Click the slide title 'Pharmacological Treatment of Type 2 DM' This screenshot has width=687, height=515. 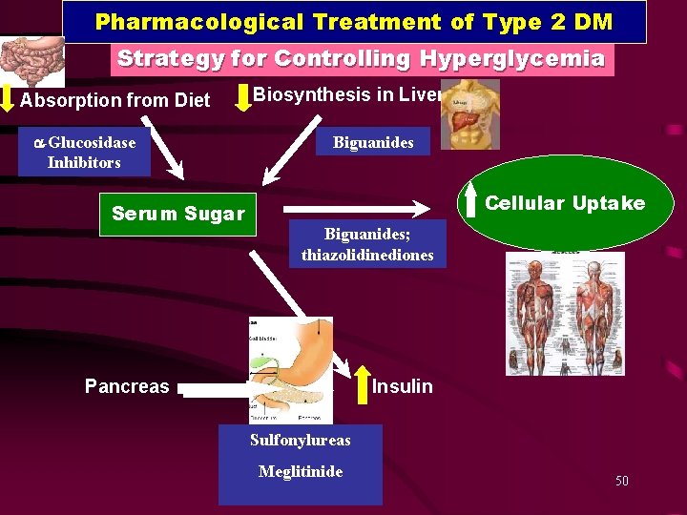354,21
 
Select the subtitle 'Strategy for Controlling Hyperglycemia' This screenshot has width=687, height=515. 361,58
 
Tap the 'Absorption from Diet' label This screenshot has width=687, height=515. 114,100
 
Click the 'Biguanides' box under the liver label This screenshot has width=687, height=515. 373,143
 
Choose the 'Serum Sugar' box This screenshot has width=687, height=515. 177,214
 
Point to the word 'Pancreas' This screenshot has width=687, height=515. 127,386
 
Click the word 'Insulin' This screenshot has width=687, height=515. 402,386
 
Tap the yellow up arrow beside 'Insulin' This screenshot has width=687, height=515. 363,383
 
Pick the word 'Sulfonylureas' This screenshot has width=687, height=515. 300,441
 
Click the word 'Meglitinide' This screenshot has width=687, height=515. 300,472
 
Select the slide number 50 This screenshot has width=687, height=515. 622,482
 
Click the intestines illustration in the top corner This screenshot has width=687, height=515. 31,59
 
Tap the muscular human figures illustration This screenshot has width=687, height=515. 565,313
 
